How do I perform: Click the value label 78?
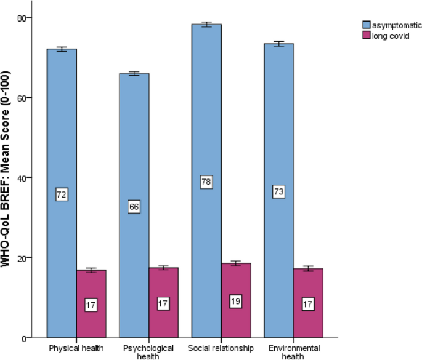click(206, 182)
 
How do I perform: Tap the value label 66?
click(134, 207)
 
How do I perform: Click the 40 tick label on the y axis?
click(26, 178)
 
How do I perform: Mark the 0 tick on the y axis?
click(29, 338)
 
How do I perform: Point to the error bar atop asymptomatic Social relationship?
click(206, 25)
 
